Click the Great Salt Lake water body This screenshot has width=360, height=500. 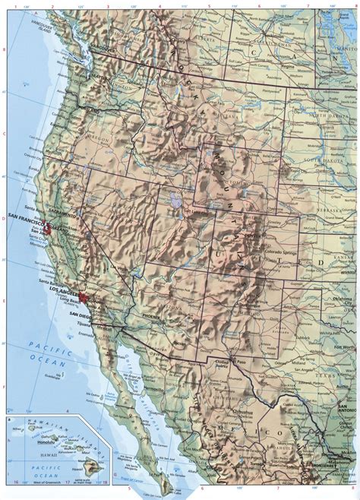[x=175, y=201]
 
